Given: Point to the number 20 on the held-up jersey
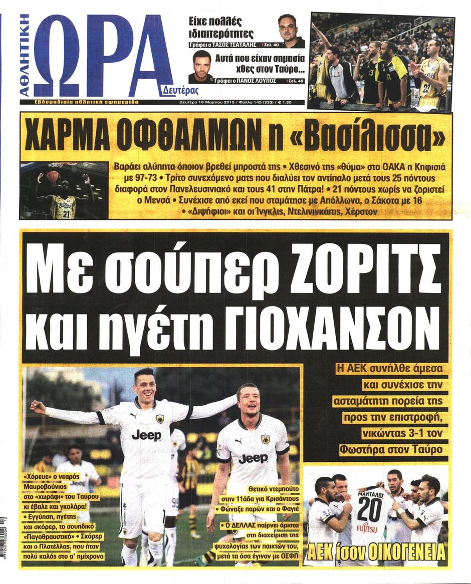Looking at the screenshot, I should [369, 509].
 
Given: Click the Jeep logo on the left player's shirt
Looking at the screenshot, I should [146, 434].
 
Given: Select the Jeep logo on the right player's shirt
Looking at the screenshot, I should [253, 458].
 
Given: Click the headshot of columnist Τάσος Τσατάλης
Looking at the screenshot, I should [288, 30].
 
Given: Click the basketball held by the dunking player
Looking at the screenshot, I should [53, 176].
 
